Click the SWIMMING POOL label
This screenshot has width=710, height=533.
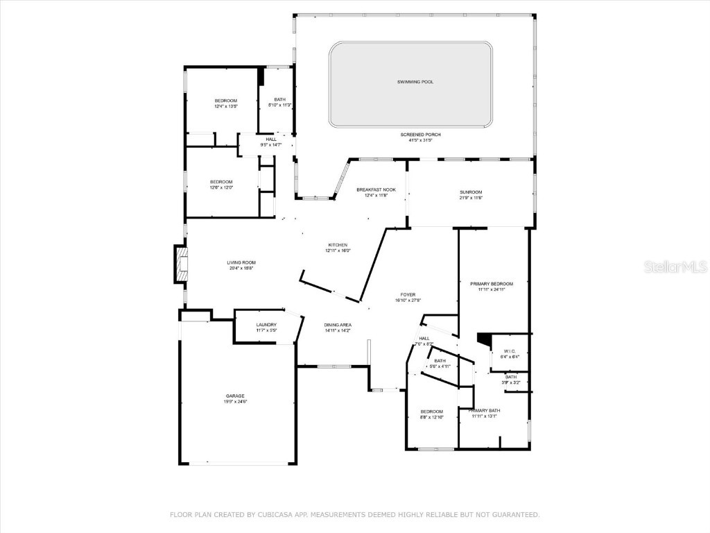[415, 82]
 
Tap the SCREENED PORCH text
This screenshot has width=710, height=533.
[420, 134]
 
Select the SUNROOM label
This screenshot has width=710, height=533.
[471, 192]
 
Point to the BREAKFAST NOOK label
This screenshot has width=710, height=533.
[376, 189]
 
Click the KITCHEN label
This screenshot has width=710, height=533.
[338, 245]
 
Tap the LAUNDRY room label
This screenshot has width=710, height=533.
[266, 325]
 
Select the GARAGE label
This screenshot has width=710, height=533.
[235, 396]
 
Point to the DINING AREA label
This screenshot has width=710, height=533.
[338, 325]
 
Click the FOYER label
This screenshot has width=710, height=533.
[407, 294]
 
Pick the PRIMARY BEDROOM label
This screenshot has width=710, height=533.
[491, 284]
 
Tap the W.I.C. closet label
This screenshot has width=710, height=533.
[510, 351]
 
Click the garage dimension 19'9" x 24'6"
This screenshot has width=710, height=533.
[235, 402]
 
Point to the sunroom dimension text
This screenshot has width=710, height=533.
[471, 198]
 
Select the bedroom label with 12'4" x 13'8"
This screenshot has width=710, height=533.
[225, 101]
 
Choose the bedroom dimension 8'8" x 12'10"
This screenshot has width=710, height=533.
[431, 417]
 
